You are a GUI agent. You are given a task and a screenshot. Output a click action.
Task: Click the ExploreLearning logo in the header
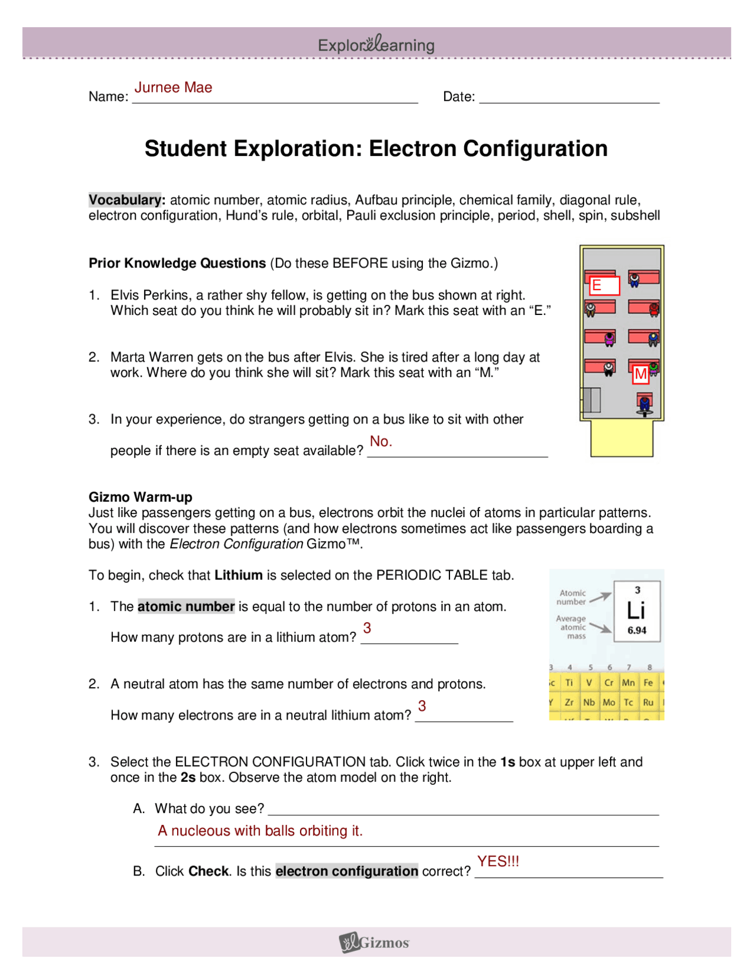coord(376,44)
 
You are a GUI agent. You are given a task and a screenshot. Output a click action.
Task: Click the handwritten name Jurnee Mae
coord(173,87)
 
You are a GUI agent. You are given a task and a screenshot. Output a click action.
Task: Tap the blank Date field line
coord(569,97)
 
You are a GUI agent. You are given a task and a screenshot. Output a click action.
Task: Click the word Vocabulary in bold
coord(125,200)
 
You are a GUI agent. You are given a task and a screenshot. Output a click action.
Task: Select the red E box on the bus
coord(604,286)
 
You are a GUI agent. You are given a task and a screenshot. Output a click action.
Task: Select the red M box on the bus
coord(640,374)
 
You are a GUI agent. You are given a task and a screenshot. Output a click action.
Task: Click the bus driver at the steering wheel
coord(645,404)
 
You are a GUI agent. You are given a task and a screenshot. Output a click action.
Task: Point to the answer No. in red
coord(381,441)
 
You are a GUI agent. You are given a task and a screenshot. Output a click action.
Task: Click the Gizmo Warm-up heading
coord(140,497)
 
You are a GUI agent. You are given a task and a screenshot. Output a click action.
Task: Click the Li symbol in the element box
coord(636,610)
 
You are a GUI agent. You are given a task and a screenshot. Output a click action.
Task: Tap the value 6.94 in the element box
coord(637,630)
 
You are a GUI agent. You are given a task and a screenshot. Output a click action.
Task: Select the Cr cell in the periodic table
coord(609,682)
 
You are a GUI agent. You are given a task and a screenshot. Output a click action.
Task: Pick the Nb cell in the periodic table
coord(589,702)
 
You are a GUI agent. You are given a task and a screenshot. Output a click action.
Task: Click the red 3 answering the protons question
coord(367,628)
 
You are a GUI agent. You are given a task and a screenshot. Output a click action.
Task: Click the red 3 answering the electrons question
coord(422,705)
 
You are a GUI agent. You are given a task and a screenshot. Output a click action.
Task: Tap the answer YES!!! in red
coord(498,861)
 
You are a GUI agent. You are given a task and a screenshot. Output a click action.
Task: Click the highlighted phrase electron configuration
coord(346,871)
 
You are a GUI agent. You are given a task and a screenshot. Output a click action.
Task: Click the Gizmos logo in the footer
coord(375,942)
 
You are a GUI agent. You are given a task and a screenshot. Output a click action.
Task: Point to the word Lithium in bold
coord(238,575)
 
